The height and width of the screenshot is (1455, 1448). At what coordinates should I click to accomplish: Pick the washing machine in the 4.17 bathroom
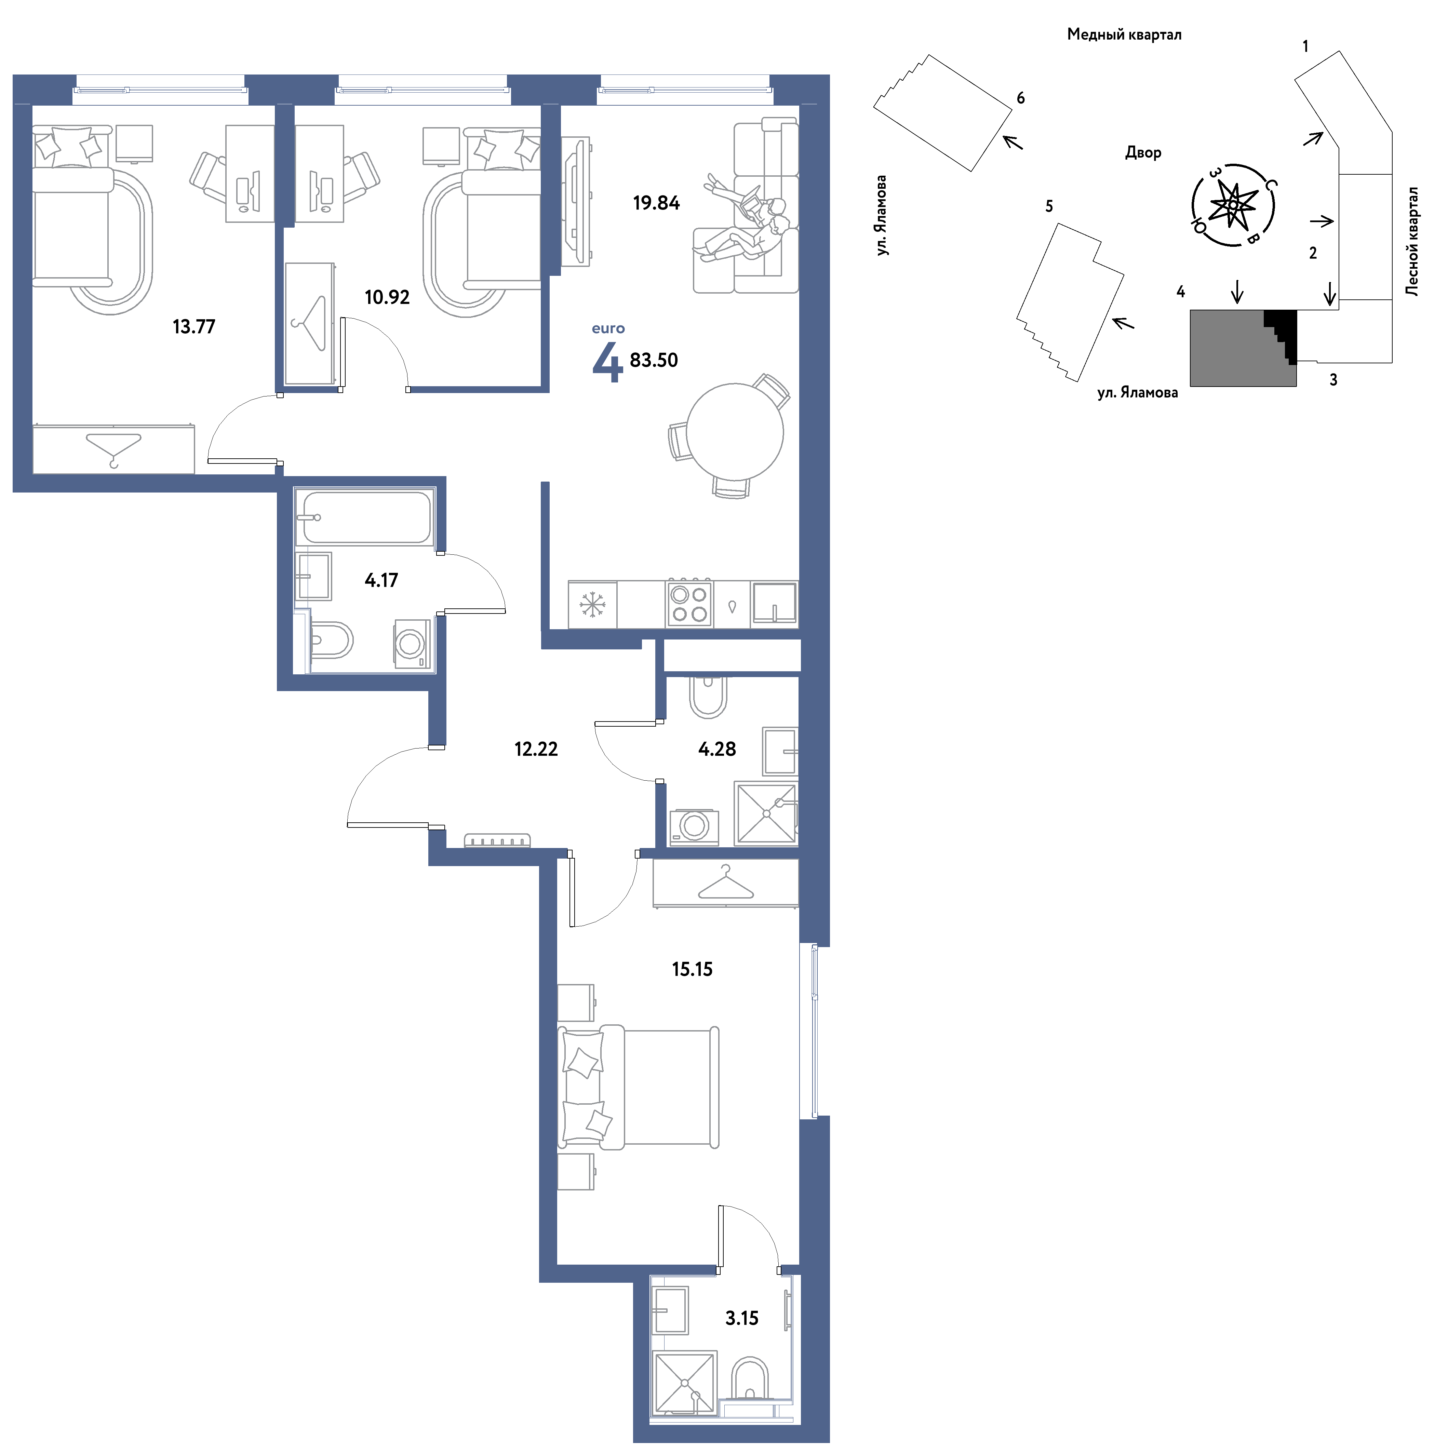[411, 643]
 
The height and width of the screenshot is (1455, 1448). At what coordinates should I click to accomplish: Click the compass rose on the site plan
[1233, 205]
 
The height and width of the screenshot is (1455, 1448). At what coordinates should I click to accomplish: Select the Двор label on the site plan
[1143, 153]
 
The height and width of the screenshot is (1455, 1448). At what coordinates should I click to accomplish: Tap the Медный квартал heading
[1124, 35]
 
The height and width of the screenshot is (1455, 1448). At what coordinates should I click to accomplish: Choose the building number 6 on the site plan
[1021, 98]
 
